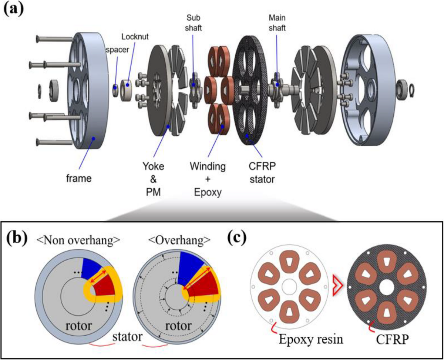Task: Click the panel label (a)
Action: coord(14,11)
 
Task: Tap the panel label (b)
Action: coord(17,238)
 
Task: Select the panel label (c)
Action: coord(237,238)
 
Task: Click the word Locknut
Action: coord(135,37)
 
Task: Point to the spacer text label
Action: coord(117,50)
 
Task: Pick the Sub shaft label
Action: coord(193,23)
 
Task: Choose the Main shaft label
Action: coord(277,23)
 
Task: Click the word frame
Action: coord(79,178)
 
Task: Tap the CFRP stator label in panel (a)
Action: coord(262,173)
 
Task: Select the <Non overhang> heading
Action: coord(78,240)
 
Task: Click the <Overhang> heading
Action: coord(179,240)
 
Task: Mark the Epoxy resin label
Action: coord(311,339)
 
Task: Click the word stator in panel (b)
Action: coord(127,337)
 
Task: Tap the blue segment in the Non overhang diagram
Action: coord(91,269)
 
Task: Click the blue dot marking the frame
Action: coord(94,138)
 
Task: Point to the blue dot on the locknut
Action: coord(128,85)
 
